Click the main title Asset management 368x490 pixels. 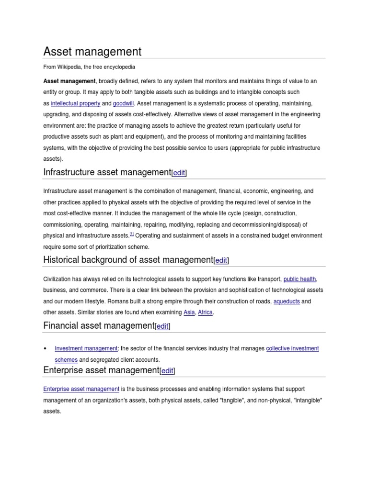[x=92, y=51]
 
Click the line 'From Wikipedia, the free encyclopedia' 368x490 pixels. [x=89, y=67]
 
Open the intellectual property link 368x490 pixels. [x=75, y=103]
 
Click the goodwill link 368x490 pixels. [x=124, y=103]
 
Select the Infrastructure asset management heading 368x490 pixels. [x=107, y=172]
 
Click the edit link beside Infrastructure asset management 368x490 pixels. [x=179, y=173]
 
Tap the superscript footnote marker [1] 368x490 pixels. [x=132, y=234]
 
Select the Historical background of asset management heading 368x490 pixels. [x=128, y=260]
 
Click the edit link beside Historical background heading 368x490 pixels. [x=221, y=261]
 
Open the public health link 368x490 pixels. [x=300, y=279]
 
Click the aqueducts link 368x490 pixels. [x=286, y=301]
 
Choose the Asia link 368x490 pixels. [x=189, y=312]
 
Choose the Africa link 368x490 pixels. [x=205, y=312]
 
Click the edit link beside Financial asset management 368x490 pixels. [x=162, y=326]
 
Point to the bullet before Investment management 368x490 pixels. [x=45, y=349]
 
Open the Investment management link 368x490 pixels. [x=86, y=349]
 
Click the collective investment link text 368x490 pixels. [x=292, y=349]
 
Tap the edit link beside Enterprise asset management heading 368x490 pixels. [x=167, y=371]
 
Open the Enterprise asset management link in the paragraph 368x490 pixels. [x=81, y=389]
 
